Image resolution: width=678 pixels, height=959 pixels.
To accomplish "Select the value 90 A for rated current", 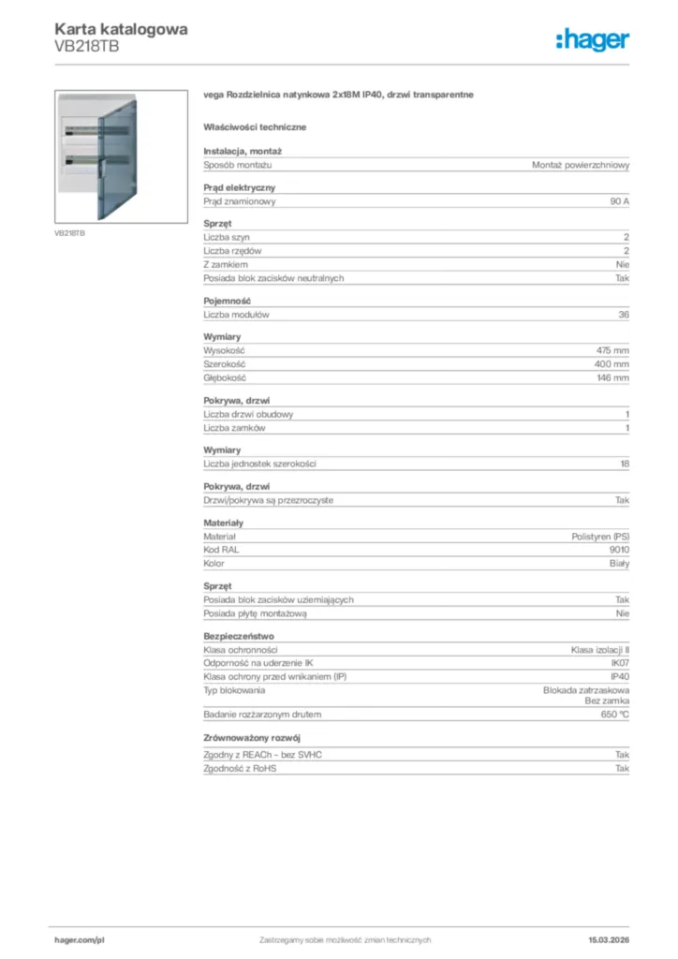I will [x=619, y=201].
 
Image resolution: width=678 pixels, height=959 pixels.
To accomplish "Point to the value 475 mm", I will [x=612, y=349].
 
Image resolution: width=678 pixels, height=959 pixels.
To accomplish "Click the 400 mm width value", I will [x=612, y=363].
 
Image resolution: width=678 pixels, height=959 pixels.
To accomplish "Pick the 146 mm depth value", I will [x=612, y=377].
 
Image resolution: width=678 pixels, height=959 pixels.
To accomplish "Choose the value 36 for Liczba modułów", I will [x=624, y=315].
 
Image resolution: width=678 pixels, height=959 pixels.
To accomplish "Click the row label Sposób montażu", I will [x=238, y=165].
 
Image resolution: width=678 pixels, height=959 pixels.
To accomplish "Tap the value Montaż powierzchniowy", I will [x=581, y=165].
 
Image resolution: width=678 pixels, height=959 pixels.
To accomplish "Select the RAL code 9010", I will [x=619, y=550].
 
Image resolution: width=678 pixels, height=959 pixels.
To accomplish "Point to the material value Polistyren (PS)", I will [x=600, y=536].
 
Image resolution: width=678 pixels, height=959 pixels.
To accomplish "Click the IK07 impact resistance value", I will [x=620, y=663].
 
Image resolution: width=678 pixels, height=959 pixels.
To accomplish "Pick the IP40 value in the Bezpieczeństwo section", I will [x=620, y=676].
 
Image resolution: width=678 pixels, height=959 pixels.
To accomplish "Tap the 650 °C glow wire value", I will [x=613, y=715].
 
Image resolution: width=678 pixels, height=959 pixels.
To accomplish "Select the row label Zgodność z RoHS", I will [x=241, y=768].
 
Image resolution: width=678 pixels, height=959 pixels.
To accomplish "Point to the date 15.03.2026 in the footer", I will [x=609, y=939].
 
